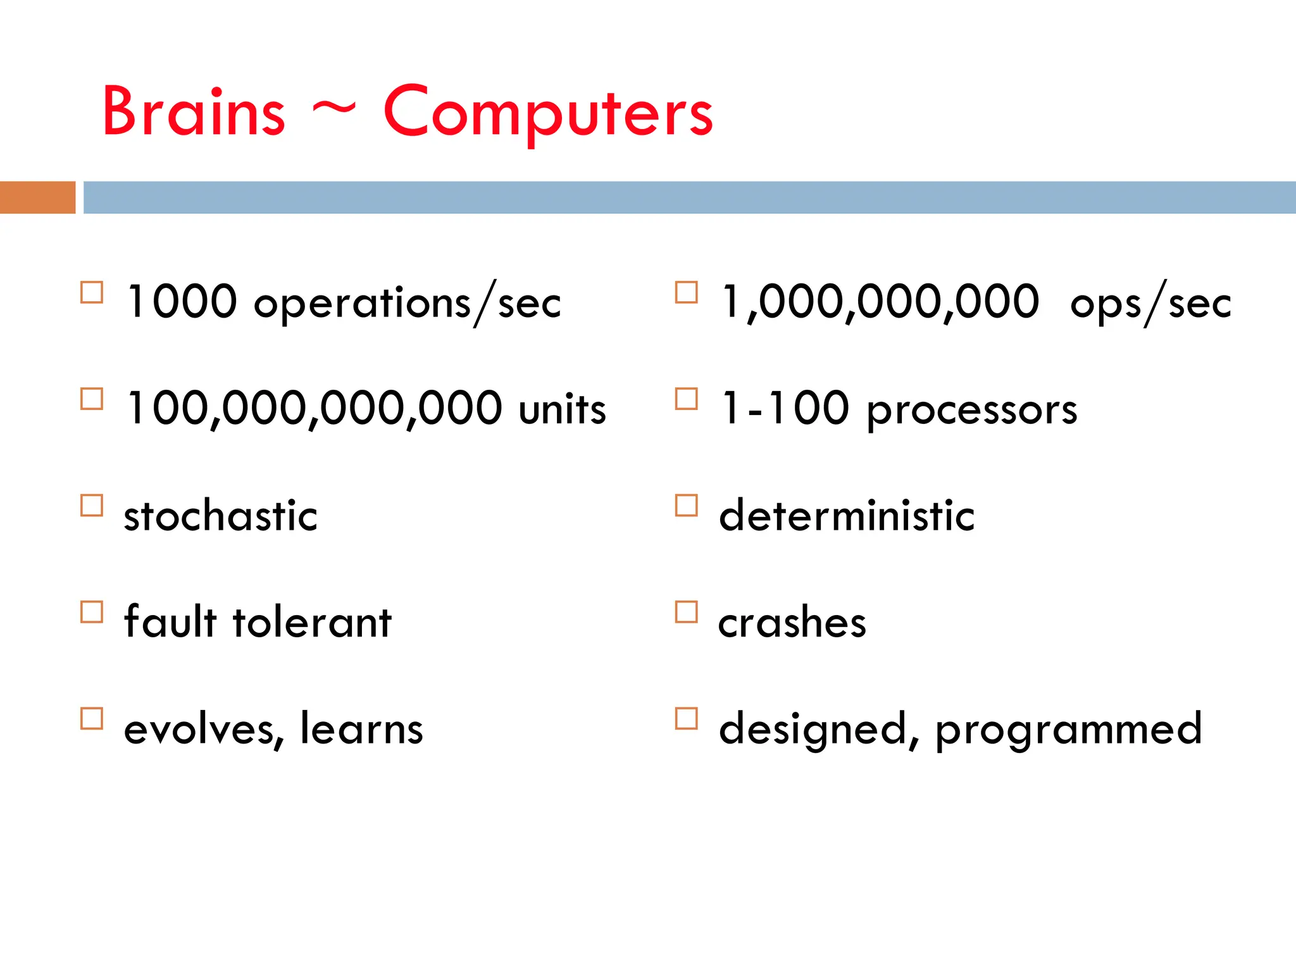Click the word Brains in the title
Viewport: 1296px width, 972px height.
point(194,112)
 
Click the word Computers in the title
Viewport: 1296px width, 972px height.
point(548,112)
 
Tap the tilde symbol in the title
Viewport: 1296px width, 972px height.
point(334,109)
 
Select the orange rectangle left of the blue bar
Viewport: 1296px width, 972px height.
point(37,197)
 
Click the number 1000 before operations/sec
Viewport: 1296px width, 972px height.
point(182,302)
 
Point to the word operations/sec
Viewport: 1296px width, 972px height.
point(408,304)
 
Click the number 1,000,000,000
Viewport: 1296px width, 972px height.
point(880,302)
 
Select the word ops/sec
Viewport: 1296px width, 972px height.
point(1150,304)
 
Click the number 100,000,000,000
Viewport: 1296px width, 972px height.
point(315,408)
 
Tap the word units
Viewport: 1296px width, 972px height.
point(562,409)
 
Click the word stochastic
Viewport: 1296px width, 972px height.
point(221,515)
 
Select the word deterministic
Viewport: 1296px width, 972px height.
point(847,515)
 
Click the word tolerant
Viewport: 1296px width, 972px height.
point(313,621)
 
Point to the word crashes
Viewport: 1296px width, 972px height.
point(792,623)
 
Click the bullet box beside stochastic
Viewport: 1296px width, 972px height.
point(92,506)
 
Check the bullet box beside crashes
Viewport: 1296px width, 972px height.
point(687,612)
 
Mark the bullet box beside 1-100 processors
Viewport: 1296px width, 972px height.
point(687,399)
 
